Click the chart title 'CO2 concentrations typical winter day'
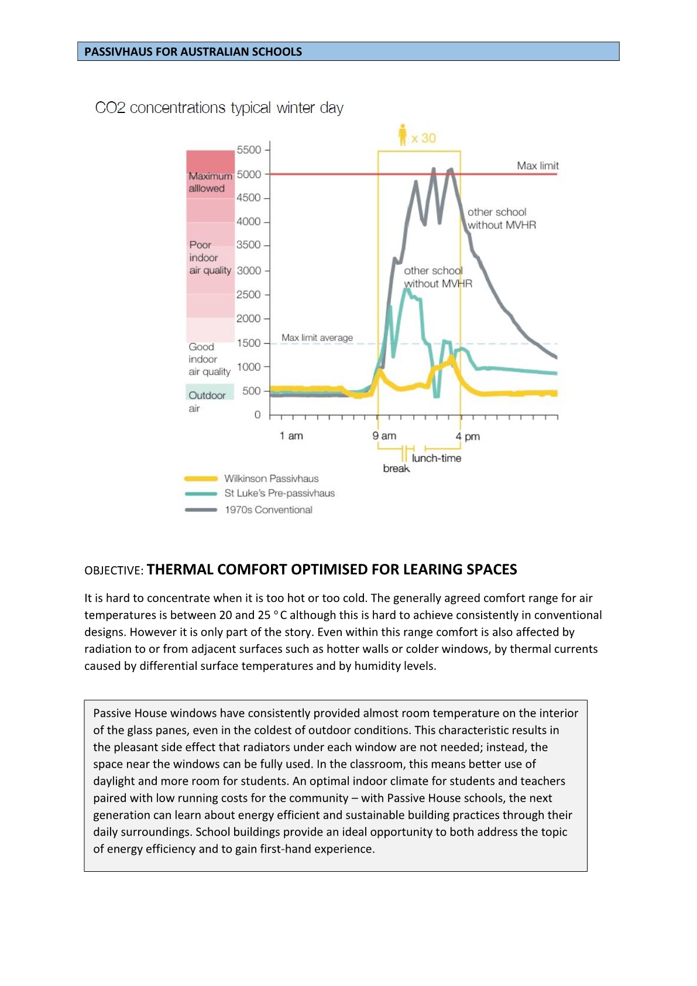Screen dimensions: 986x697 pos(219,108)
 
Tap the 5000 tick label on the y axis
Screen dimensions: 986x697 pos(249,174)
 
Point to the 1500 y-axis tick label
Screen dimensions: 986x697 pos(249,343)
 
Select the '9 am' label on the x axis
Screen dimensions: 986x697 pos(384,436)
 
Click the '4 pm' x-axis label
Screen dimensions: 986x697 pos(468,436)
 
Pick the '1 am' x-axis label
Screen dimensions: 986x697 pos(291,436)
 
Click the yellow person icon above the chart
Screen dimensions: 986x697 pos(402,135)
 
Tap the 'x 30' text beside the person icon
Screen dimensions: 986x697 pos(424,139)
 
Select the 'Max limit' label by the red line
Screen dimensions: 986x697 pos(537,166)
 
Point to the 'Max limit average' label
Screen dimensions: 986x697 pos(317,338)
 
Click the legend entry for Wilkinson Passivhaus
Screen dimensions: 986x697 pos(271,478)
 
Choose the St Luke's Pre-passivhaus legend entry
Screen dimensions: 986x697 pos(279,493)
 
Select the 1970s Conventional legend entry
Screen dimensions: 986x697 pos(268,510)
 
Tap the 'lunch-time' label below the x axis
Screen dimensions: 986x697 pos(436,458)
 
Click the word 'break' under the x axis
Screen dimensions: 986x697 pos(396,468)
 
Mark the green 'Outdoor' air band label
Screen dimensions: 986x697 pos(207,395)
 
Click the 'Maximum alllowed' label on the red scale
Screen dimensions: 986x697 pos(210,182)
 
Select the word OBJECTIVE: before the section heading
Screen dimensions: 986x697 pos(114,571)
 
